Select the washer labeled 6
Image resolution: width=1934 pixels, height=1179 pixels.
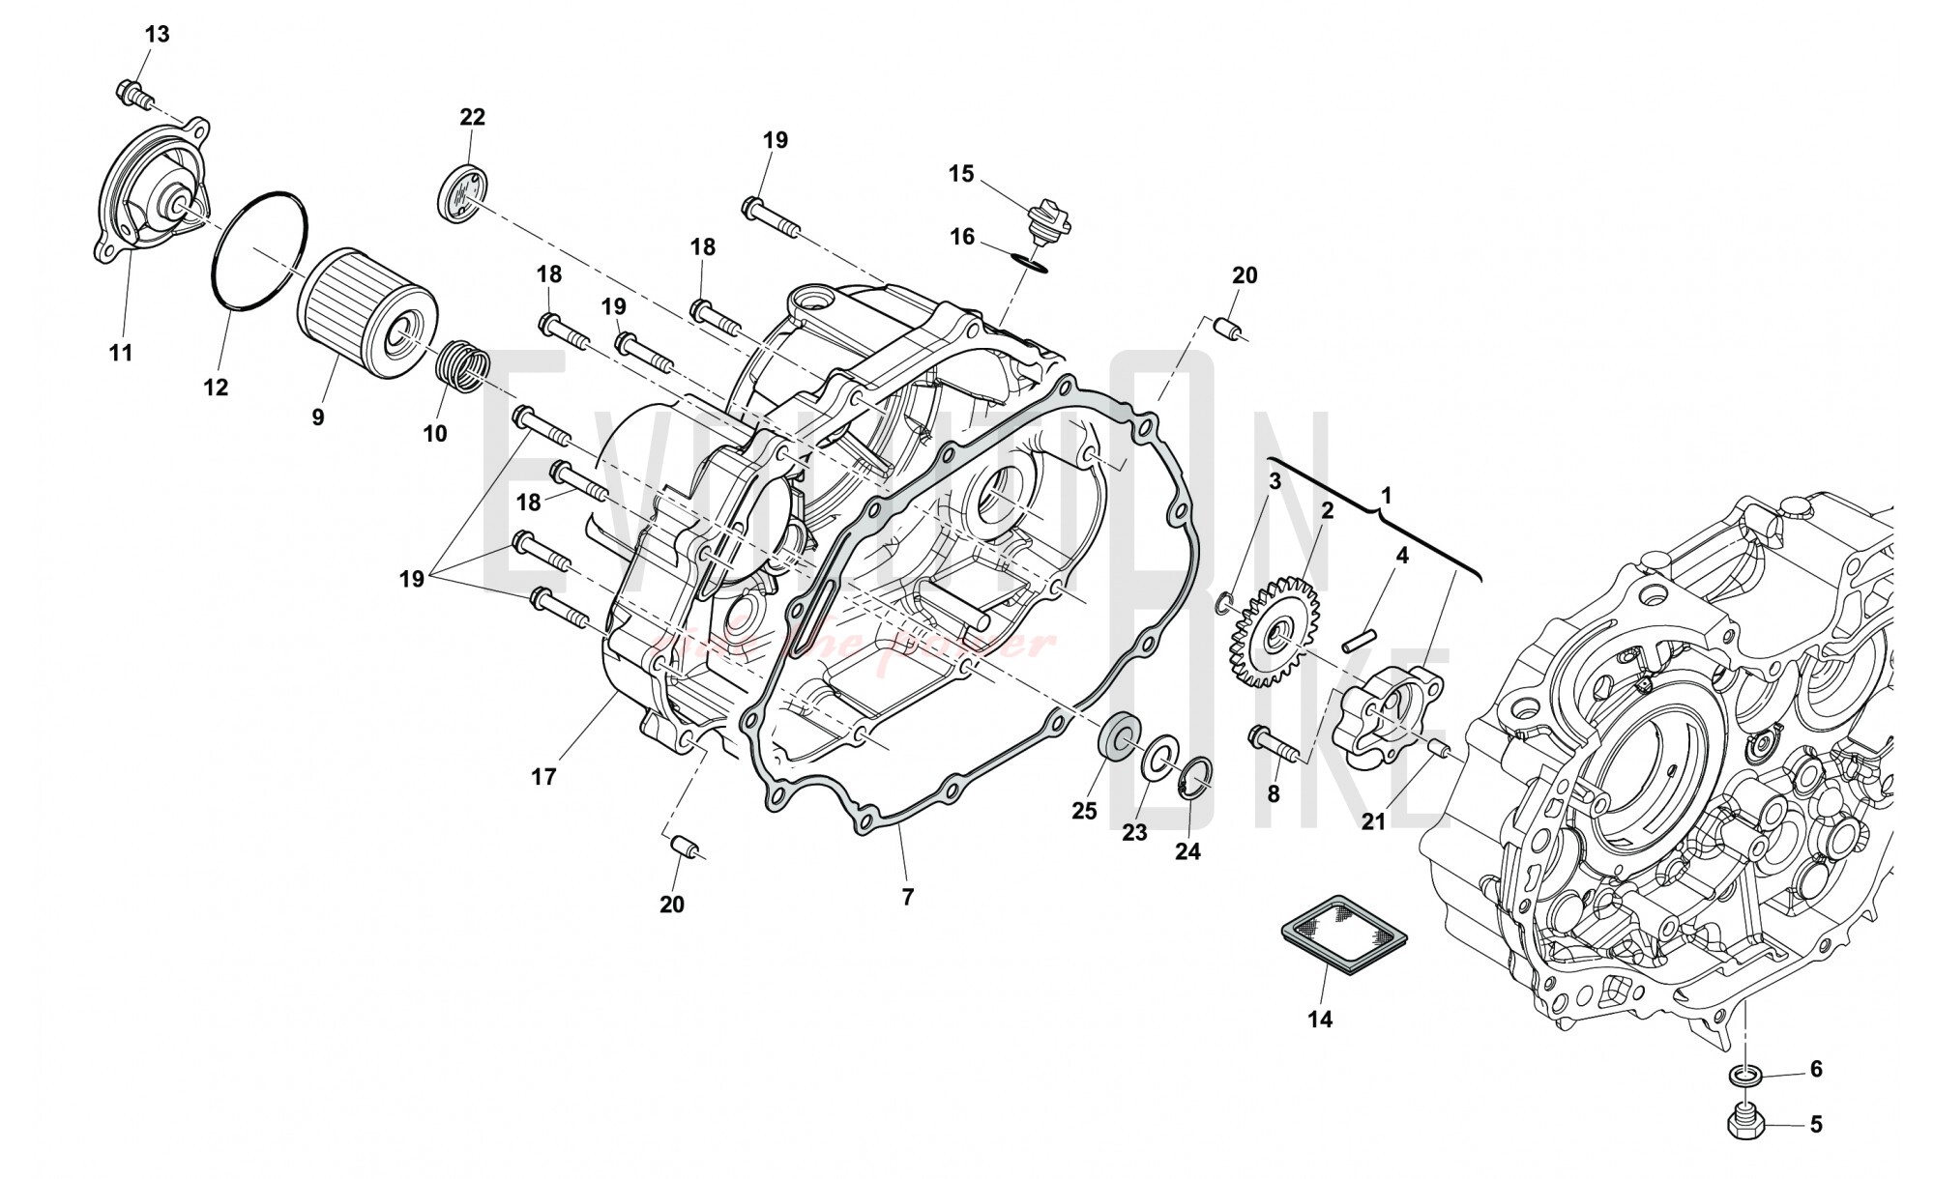pyautogui.click(x=1745, y=1075)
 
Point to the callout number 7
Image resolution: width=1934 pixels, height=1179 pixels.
pyautogui.click(x=907, y=897)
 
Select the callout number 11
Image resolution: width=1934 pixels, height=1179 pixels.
pyautogui.click(x=120, y=354)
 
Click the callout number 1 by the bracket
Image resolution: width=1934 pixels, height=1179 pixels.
pyautogui.click(x=1386, y=496)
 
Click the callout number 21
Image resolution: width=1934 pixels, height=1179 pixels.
pyautogui.click(x=1373, y=821)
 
